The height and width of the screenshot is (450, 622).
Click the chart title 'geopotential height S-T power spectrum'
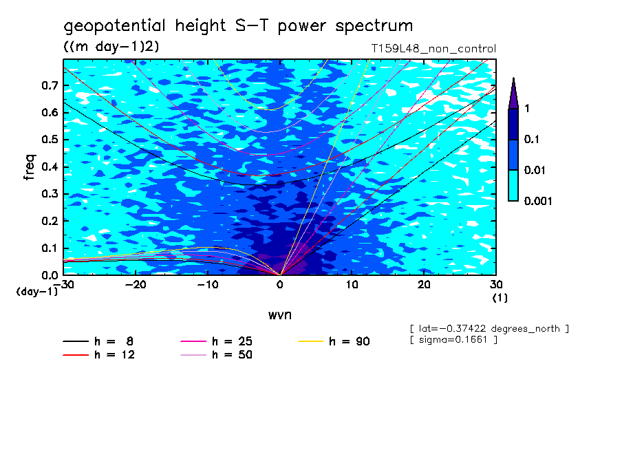pyautogui.click(x=238, y=26)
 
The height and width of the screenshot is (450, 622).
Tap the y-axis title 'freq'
pyautogui.click(x=29, y=167)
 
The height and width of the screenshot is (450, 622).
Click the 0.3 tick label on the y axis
pyautogui.click(x=50, y=194)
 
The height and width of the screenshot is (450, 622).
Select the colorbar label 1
pyautogui.click(x=527, y=109)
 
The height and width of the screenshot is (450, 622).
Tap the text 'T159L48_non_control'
pyautogui.click(x=433, y=49)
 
